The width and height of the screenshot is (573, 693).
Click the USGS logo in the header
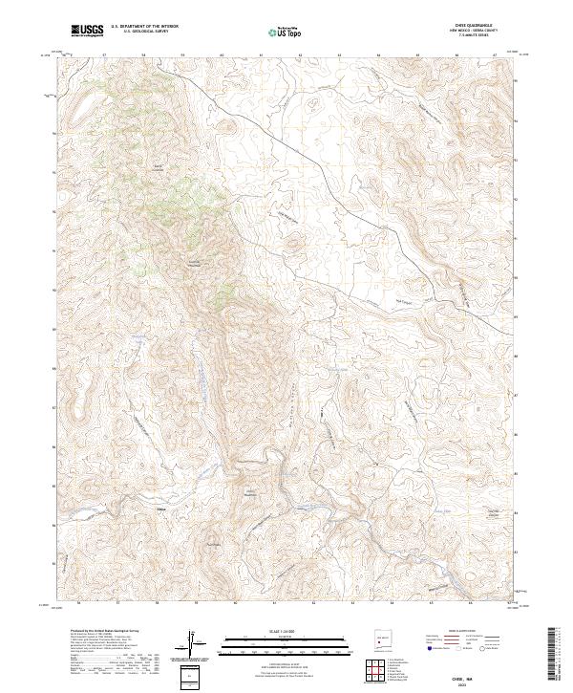[x=88, y=30]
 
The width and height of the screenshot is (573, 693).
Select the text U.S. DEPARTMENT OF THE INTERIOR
[x=144, y=27]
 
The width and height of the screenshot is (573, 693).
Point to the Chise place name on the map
[x=160, y=509]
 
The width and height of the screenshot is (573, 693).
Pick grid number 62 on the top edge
[x=300, y=55]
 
